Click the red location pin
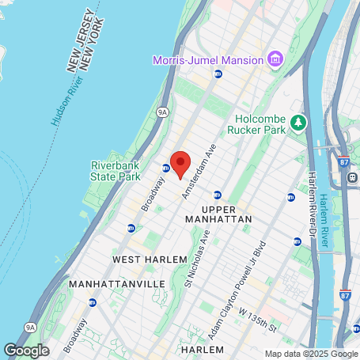(x=180, y=164)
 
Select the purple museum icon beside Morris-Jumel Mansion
(x=275, y=59)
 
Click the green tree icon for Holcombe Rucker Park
(x=298, y=122)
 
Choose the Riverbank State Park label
(x=116, y=171)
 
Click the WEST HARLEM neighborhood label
(x=150, y=259)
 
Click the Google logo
(x=26, y=350)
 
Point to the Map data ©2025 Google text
(x=311, y=354)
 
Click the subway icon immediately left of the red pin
(x=166, y=168)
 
